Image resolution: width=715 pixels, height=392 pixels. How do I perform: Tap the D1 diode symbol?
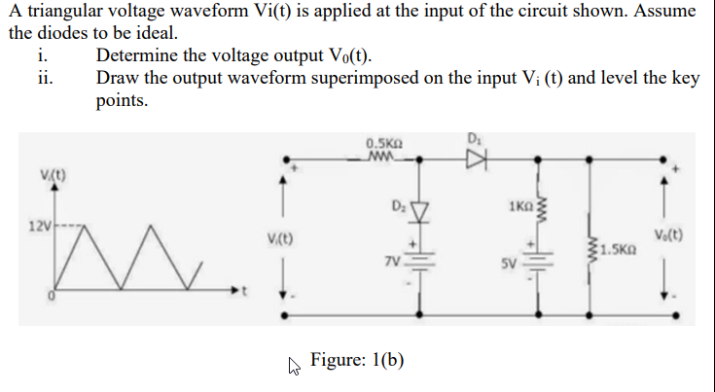tap(476, 161)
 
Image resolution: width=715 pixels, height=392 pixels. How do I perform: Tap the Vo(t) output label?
tap(669, 233)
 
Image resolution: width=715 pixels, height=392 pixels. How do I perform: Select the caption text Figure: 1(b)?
tap(357, 361)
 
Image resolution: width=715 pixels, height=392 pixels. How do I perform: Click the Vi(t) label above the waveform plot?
tap(42, 175)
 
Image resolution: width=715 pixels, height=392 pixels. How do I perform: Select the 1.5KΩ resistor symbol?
tap(589, 250)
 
